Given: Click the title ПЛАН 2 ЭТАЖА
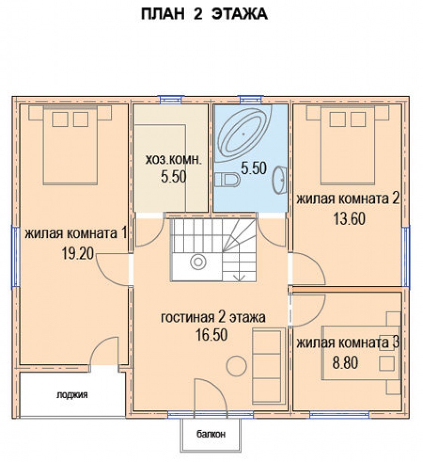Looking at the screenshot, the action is pyautogui.click(x=204, y=14).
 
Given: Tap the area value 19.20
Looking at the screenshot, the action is pyautogui.click(x=78, y=253).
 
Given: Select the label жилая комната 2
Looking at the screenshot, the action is pyautogui.click(x=348, y=198).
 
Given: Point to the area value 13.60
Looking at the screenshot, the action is pyautogui.click(x=350, y=219).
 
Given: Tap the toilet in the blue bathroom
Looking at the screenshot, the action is pyautogui.click(x=227, y=179).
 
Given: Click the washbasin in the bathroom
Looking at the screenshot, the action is pyautogui.click(x=280, y=180).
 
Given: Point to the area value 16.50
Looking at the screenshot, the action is pyautogui.click(x=212, y=334).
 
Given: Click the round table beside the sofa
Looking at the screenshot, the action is pyautogui.click(x=236, y=365).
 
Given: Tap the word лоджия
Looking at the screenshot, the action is pyautogui.click(x=72, y=395).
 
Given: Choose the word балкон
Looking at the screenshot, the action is pyautogui.click(x=211, y=434).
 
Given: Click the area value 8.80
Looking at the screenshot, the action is pyautogui.click(x=345, y=362).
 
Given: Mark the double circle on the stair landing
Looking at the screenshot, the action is pyautogui.click(x=198, y=262).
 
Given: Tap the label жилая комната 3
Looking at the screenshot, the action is pyautogui.click(x=348, y=343).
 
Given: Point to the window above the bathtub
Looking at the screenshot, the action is pyautogui.click(x=250, y=99).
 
